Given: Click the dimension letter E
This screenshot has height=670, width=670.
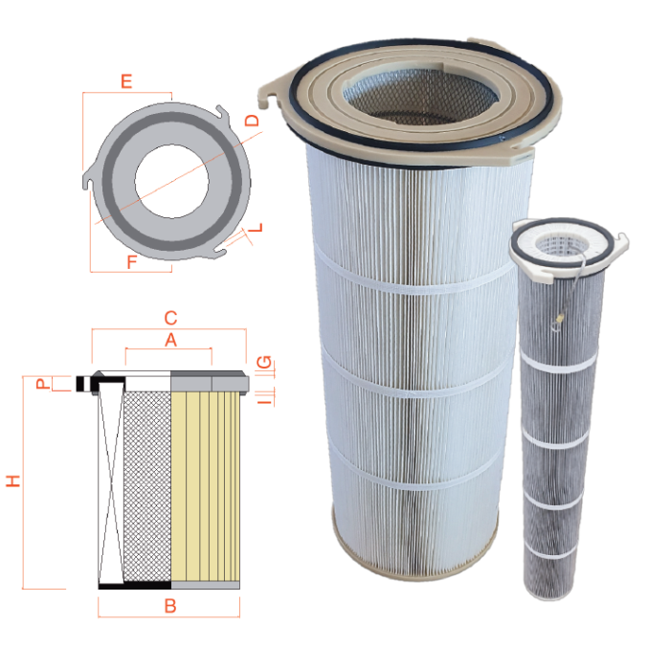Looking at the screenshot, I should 125,81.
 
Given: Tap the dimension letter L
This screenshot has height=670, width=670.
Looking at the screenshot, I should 257,230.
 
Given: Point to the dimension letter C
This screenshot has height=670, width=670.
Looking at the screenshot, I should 170,318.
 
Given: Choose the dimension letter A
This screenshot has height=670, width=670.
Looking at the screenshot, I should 170,340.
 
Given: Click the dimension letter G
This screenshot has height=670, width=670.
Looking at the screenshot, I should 265,363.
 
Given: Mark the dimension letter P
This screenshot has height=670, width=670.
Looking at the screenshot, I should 41,384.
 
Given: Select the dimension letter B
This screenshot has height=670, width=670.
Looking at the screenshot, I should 170,606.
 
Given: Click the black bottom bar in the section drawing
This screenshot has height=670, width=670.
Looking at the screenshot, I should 135,584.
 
